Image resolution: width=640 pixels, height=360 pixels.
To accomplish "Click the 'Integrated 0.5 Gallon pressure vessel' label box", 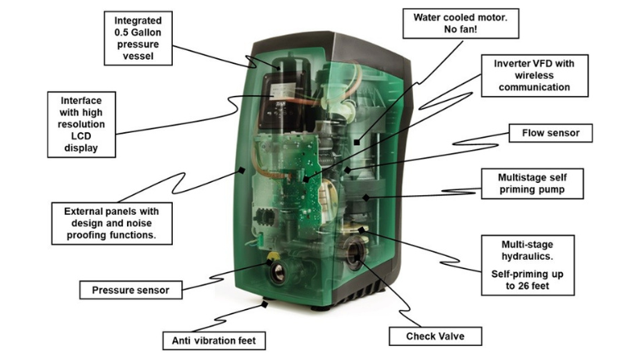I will coord(137,38).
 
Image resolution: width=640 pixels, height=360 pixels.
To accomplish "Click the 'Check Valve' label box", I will coord(431,336).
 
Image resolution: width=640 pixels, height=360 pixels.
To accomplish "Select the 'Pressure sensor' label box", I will coord(130,289).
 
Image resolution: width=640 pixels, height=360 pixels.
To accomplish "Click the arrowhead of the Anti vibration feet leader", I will coord(264,303).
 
